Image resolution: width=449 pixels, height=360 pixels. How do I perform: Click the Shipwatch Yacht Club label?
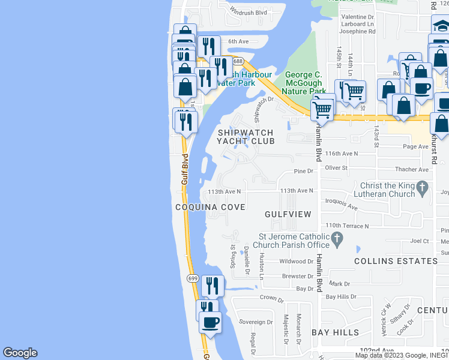pos(246,137)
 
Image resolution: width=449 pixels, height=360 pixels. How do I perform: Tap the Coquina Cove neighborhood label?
pos(210,207)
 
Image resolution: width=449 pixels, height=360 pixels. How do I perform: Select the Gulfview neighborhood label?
pos(288,214)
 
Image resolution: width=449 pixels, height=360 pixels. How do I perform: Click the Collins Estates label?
pos(396,261)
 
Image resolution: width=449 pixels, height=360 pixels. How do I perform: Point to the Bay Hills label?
pos(335,332)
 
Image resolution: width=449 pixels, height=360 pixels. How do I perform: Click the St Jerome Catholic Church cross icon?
pos(337,239)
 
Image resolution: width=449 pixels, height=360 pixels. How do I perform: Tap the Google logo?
pos(20,353)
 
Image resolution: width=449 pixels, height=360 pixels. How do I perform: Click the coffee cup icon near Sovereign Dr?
pos(210,323)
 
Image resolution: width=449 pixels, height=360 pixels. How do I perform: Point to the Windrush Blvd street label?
pos(249,12)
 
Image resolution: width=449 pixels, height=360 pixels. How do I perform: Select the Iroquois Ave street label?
pos(340,205)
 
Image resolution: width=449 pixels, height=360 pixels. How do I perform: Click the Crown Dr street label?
pos(271,298)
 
